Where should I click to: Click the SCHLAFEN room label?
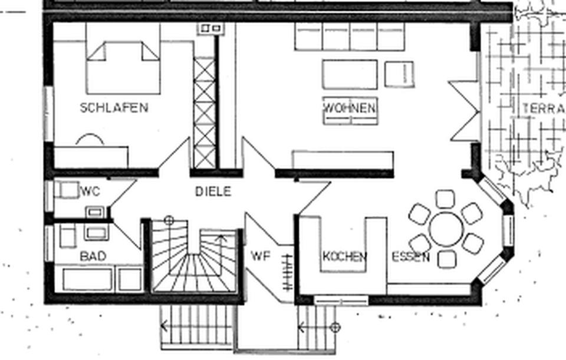pyautogui.click(x=114, y=108)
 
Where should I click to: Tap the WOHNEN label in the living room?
pyautogui.click(x=349, y=108)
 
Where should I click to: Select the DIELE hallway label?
pyautogui.click(x=213, y=191)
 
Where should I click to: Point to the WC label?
pyautogui.click(x=90, y=191)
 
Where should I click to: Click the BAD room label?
pyautogui.click(x=93, y=256)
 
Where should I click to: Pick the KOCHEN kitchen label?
pyautogui.click(x=345, y=256)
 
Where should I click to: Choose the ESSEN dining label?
pyautogui.click(x=411, y=257)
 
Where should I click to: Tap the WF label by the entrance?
pyautogui.click(x=261, y=256)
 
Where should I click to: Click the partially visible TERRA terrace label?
pyautogui.click(x=544, y=108)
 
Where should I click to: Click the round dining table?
pyautogui.click(x=446, y=229)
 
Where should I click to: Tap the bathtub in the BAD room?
pyautogui.click(x=88, y=279)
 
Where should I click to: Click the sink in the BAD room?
pyautogui.click(x=96, y=232)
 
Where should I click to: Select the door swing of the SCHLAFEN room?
pyautogui.click(x=175, y=153)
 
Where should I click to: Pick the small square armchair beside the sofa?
pyautogui.click(x=399, y=74)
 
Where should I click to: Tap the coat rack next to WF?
pyautogui.click(x=288, y=272)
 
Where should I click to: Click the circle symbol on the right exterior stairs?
pyautogui.click(x=335, y=328)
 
